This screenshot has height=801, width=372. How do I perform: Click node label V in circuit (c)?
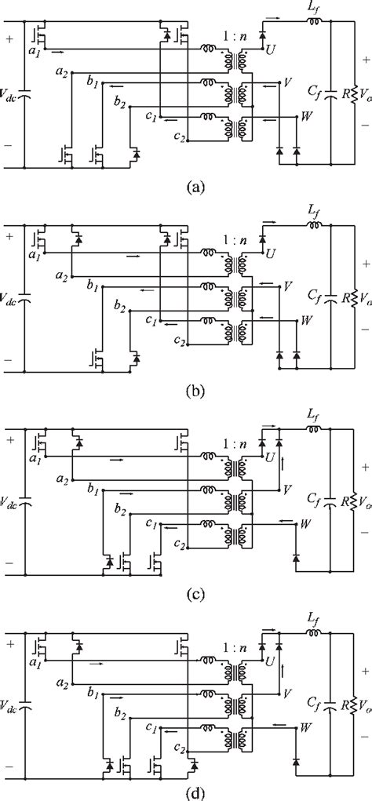coord(288,488)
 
